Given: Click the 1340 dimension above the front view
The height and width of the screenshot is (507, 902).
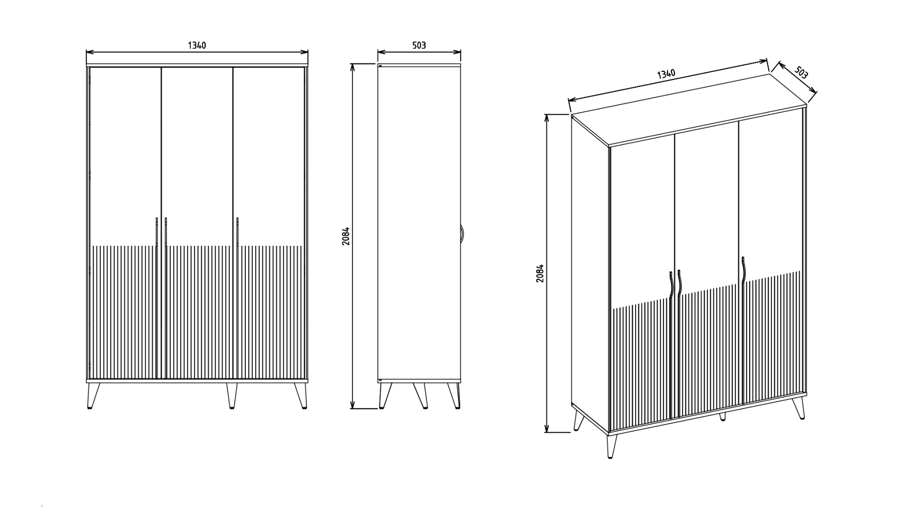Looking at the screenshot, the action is [x=197, y=45].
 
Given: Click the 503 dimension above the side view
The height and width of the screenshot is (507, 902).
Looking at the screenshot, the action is [x=419, y=45].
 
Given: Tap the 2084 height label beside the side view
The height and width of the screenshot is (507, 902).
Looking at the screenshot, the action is [x=346, y=236].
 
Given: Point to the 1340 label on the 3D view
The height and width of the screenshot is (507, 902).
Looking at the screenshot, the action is [x=666, y=74].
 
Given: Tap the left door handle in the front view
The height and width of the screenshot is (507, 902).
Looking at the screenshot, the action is [x=156, y=232].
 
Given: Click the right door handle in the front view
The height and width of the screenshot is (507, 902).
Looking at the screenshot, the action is [x=238, y=232].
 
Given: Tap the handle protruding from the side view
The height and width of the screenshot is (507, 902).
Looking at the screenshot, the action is [x=462, y=234].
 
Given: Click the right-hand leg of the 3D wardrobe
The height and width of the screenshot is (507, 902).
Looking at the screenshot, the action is [x=799, y=408].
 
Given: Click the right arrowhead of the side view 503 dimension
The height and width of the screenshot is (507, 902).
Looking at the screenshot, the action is [x=457, y=52].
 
